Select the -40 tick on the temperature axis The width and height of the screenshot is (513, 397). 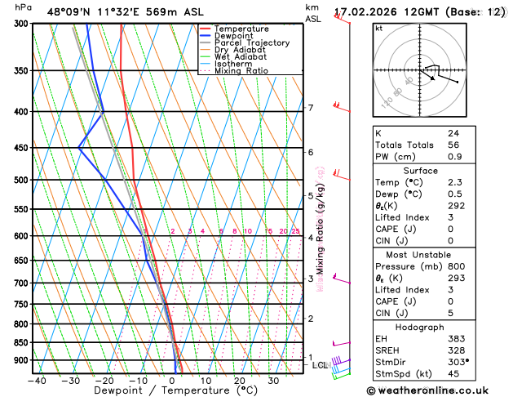coord(37,380)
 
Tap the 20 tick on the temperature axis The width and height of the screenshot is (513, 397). coord(240,380)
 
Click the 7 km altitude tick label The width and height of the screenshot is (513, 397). coord(310,108)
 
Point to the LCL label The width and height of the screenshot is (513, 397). coord(319,365)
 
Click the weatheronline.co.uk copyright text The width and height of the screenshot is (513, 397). coord(433,390)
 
